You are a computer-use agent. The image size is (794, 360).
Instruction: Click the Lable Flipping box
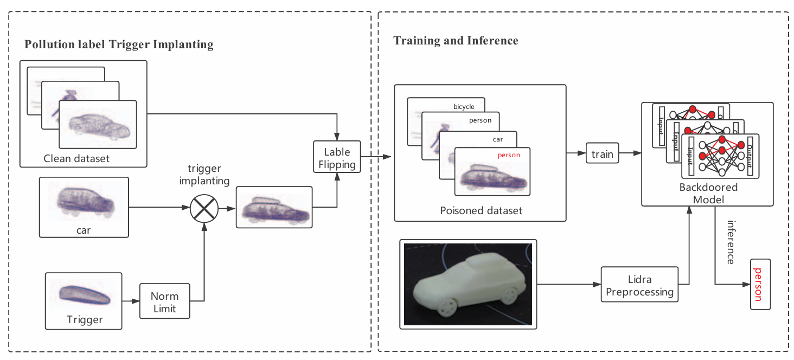pyautogui.click(x=337, y=158)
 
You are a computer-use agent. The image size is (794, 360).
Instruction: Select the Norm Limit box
pyautogui.click(x=164, y=303)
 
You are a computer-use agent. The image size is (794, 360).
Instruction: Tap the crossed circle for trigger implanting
pyautogui.click(x=204, y=207)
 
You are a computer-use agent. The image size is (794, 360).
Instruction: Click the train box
pyautogui.click(x=602, y=154)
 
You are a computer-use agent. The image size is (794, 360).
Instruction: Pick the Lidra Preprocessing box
pyautogui.click(x=639, y=286)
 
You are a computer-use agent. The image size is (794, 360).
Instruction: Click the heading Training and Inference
pyautogui.click(x=456, y=41)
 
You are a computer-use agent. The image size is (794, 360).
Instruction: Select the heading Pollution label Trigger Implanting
pyautogui.click(x=119, y=44)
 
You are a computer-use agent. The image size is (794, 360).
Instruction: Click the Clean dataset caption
pyautogui.click(x=76, y=159)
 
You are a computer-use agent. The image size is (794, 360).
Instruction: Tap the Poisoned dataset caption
pyautogui.click(x=481, y=210)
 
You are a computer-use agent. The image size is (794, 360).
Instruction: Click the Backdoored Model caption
pyautogui.click(x=708, y=194)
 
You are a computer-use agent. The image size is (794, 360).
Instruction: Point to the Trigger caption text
pyautogui.click(x=85, y=319)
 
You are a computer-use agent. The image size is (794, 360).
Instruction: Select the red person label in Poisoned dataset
pyautogui.click(x=509, y=155)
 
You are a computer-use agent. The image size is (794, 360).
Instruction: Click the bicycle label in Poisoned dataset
pyautogui.click(x=464, y=107)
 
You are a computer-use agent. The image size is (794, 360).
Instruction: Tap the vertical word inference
pyautogui.click(x=731, y=242)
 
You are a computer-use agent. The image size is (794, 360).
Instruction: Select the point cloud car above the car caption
pyautogui.click(x=85, y=202)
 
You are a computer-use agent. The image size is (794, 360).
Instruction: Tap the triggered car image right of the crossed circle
pyautogui.click(x=274, y=207)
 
